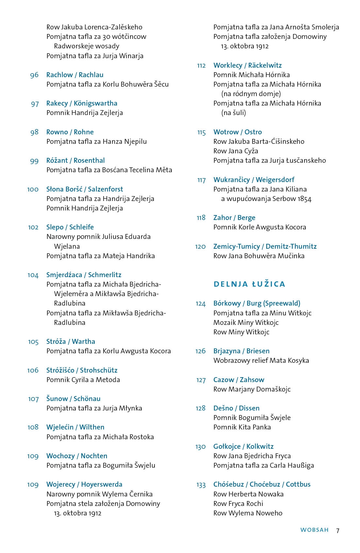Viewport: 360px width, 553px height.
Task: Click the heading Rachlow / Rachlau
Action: (75, 75)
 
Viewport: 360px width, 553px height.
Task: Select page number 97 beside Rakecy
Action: (35, 104)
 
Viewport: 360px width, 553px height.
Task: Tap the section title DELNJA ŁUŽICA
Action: (249, 284)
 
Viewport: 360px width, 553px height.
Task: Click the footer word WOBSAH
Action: (314, 530)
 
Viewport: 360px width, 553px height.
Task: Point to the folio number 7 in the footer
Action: (338, 530)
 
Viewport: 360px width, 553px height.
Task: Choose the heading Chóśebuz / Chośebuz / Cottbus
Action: (262, 484)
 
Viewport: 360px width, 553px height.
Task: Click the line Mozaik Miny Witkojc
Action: (246, 323)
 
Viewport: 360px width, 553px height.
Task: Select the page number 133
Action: (201, 485)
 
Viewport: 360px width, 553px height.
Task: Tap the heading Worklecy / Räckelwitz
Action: (247, 65)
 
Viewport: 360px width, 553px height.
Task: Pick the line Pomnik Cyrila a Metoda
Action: (83, 380)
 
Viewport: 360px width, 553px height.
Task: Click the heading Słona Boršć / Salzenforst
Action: (85, 189)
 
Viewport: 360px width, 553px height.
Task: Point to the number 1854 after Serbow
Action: (304, 199)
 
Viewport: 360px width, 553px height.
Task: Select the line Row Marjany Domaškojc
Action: (252, 389)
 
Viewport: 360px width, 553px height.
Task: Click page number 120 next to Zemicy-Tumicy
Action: (200, 247)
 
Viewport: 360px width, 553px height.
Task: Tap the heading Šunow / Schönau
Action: (73, 399)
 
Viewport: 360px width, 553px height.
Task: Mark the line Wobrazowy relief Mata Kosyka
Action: (261, 360)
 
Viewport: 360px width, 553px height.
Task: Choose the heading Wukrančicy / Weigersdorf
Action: (254, 180)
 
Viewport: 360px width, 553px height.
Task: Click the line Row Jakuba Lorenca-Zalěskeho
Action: (94, 27)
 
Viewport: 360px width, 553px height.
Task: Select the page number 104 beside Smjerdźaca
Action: (33, 275)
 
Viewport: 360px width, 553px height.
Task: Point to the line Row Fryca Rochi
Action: (238, 504)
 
